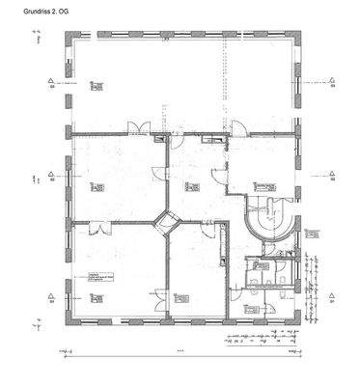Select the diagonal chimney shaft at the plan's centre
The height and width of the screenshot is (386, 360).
pyautogui.click(x=168, y=223)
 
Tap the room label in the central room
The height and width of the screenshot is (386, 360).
pyautogui.click(x=189, y=186)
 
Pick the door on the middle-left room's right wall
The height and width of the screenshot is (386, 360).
pyautogui.click(x=161, y=174)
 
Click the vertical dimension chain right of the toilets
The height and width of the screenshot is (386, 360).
pyautogui.click(x=313, y=289)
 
